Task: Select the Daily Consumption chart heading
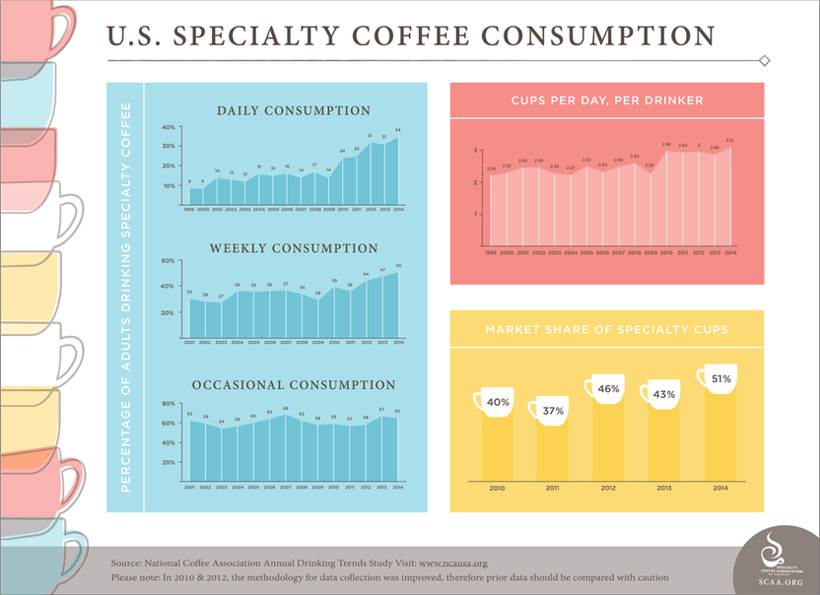click(294, 111)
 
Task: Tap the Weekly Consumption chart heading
click(294, 248)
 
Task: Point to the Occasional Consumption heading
click(294, 385)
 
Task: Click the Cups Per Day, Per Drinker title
click(606, 101)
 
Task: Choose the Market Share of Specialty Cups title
click(606, 329)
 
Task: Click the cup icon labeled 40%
click(496, 402)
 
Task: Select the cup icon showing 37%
click(551, 410)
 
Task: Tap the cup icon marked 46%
click(607, 388)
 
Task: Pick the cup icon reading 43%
click(662, 394)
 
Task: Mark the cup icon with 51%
click(718, 379)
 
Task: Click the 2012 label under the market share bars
click(607, 487)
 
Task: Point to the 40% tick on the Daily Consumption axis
click(169, 128)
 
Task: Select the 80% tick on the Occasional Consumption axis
click(169, 403)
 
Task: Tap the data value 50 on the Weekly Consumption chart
click(398, 266)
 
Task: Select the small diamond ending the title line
click(765, 61)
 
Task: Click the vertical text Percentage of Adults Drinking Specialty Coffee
click(126, 296)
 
